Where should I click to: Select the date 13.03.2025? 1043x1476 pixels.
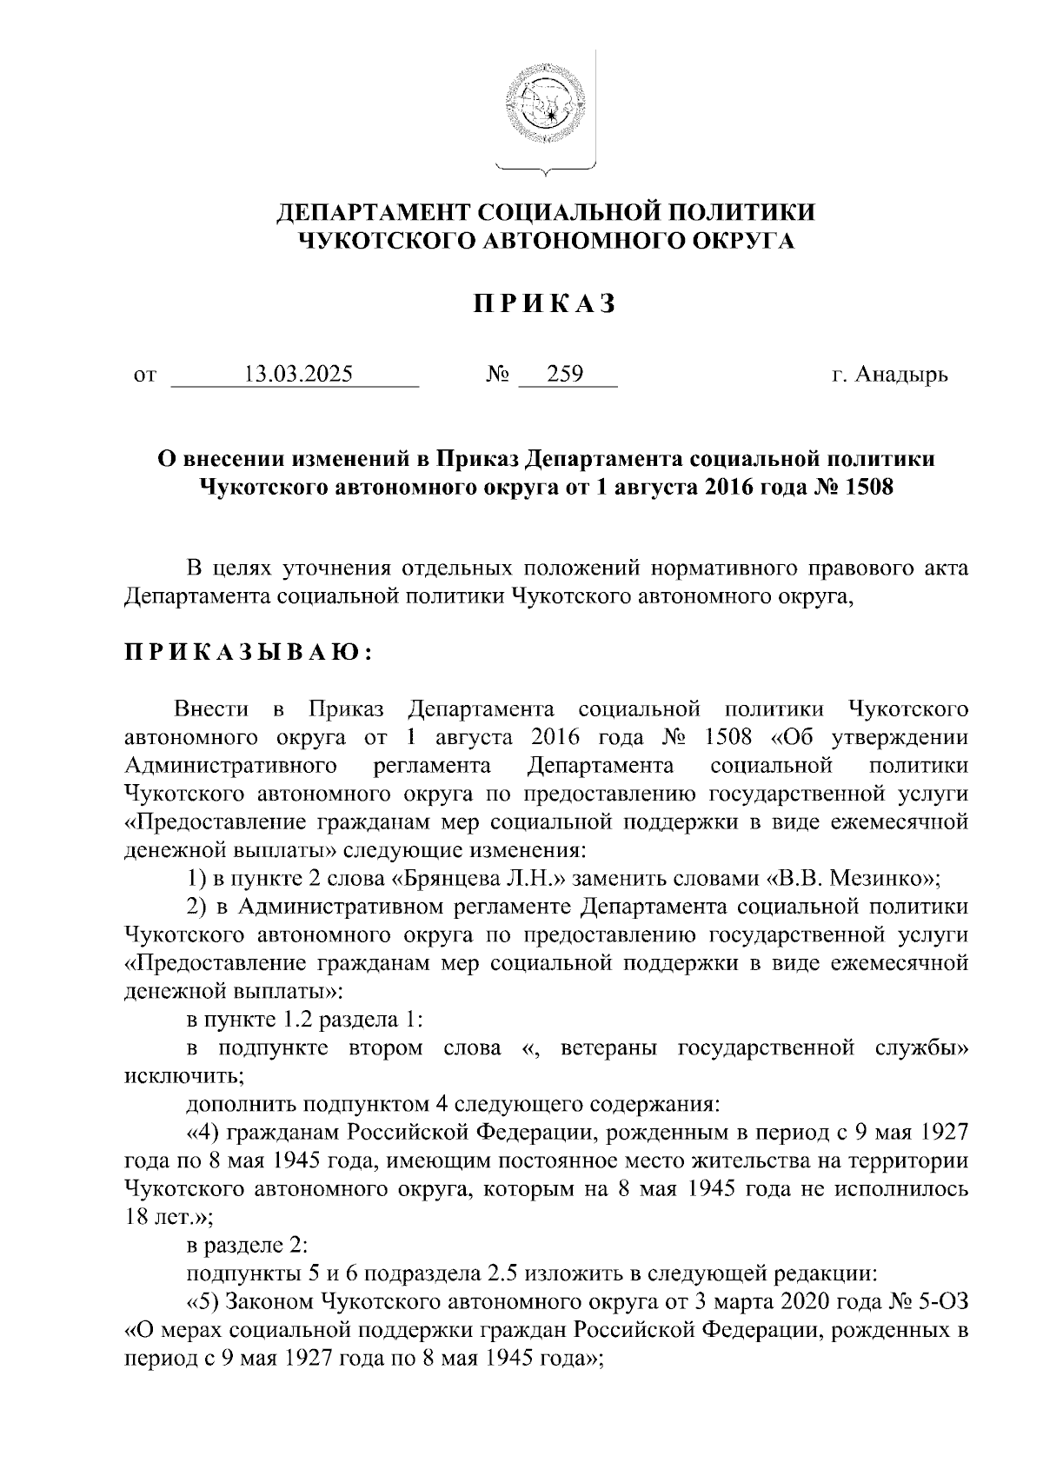point(299,375)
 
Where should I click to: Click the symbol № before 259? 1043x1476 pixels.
point(497,376)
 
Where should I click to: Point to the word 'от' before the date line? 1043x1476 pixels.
point(144,376)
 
